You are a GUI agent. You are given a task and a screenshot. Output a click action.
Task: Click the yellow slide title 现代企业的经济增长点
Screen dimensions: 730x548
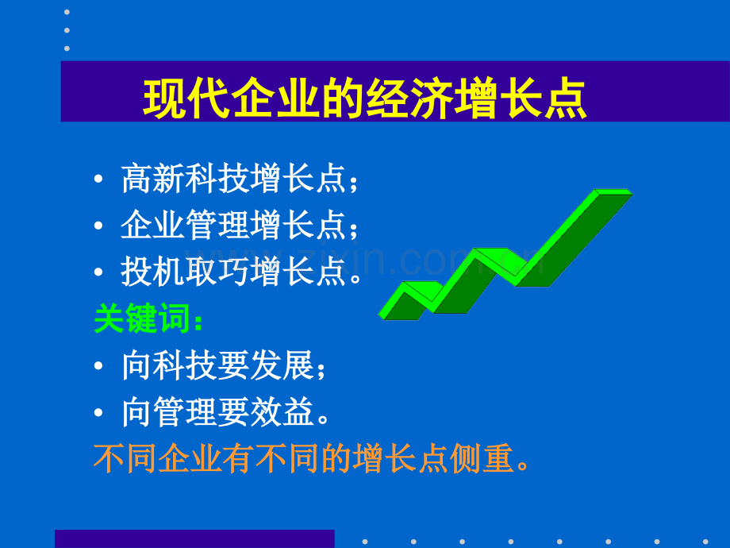click(x=364, y=98)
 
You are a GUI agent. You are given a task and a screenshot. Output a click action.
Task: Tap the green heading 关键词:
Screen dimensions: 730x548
click(x=148, y=318)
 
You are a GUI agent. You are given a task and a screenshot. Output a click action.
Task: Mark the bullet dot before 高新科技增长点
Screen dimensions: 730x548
click(x=98, y=179)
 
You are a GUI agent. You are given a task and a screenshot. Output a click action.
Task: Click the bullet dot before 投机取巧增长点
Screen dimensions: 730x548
click(x=98, y=272)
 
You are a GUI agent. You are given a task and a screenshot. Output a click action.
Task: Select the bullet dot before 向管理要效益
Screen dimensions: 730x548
click(x=98, y=412)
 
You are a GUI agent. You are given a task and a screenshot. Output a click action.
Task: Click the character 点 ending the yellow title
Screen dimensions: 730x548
click(x=566, y=98)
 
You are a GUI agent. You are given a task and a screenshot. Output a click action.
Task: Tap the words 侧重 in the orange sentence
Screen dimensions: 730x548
click(x=482, y=458)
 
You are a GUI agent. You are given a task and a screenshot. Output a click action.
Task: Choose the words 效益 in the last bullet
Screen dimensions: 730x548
click(x=282, y=412)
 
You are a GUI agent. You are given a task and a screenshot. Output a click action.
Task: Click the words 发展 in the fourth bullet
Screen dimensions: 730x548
click(x=282, y=365)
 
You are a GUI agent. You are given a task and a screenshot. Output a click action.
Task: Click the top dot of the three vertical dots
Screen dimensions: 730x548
click(x=67, y=12)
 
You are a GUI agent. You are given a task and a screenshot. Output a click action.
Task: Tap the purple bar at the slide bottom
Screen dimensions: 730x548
click(x=194, y=538)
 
